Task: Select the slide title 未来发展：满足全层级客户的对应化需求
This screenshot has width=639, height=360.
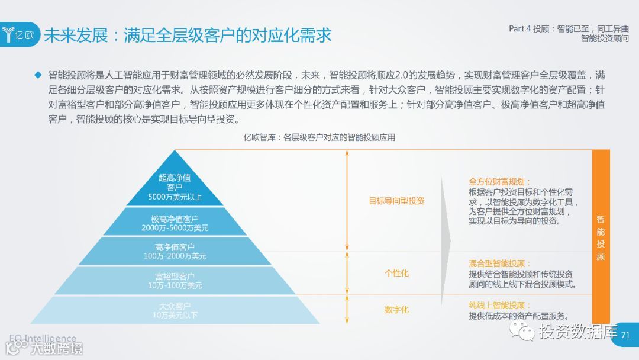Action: tap(188, 35)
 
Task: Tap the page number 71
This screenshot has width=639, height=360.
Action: tap(626, 335)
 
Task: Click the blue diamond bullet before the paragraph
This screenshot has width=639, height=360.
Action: tap(38, 75)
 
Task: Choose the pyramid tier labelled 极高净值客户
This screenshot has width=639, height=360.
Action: tap(175, 223)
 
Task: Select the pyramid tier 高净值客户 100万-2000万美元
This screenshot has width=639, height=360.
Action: tap(175, 251)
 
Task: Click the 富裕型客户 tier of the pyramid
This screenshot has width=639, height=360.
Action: tap(175, 281)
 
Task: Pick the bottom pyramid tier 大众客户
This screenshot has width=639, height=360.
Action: tap(175, 310)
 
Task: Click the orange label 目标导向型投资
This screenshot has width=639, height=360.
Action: tap(396, 201)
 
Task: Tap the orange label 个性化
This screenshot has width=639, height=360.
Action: tap(396, 273)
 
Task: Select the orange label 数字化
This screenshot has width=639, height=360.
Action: tap(396, 310)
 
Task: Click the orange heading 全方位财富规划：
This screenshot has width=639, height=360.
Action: tap(500, 182)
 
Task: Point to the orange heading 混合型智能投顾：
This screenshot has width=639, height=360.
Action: tap(500, 263)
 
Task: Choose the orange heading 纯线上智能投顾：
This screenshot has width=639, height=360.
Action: tap(500, 306)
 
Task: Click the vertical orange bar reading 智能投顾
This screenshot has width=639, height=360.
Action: tap(601, 237)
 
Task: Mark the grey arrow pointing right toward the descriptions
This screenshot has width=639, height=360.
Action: tap(445, 237)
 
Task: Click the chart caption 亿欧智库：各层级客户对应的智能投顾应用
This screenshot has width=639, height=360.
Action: tap(319, 137)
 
